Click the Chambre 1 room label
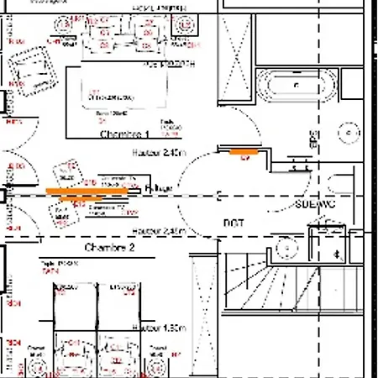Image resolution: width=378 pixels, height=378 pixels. pyautogui.click(x=124, y=134)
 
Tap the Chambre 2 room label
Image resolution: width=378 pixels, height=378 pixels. pyautogui.click(x=109, y=249)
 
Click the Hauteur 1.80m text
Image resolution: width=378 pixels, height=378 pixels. pyautogui.click(x=160, y=327)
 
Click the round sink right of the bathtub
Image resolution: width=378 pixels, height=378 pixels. pyautogui.click(x=348, y=133)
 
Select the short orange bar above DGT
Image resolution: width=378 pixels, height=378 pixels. pyautogui.click(x=245, y=150)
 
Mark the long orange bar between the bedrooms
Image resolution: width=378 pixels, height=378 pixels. pyautogui.click(x=87, y=192)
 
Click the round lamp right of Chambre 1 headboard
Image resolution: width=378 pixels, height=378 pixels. pyautogui.click(x=182, y=24)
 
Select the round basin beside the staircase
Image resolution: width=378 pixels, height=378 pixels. pyautogui.click(x=287, y=249)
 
